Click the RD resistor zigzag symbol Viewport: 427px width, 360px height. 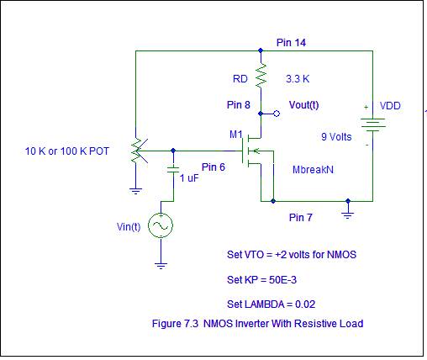click(261, 75)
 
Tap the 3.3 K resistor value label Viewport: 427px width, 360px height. click(298, 79)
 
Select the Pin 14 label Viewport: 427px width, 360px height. click(291, 43)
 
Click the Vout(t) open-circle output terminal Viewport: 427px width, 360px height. click(277, 114)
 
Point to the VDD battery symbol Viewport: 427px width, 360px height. click(373, 124)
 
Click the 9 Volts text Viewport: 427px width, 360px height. click(336, 137)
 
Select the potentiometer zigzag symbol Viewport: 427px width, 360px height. click(136, 151)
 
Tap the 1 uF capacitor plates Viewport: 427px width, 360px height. click(173, 169)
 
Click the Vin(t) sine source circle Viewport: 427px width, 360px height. click(161, 225)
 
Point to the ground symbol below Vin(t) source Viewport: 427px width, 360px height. click(161, 266)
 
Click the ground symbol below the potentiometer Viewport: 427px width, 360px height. click(135, 192)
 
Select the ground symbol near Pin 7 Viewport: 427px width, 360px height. click(347, 216)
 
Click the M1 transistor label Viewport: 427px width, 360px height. click(236, 135)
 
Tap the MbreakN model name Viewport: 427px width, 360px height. click(313, 170)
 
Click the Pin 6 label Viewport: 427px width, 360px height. click(213, 167)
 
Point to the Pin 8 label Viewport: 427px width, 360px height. click(239, 105)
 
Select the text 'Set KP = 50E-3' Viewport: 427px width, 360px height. click(261, 280)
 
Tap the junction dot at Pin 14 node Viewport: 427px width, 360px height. click(261, 50)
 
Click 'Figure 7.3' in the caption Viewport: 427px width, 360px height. click(175, 324)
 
